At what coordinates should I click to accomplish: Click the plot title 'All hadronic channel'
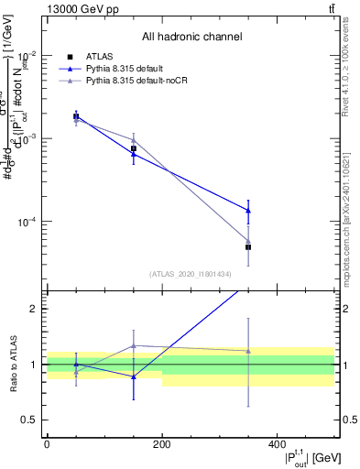click(x=191, y=38)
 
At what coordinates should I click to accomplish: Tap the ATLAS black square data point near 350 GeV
click(x=248, y=247)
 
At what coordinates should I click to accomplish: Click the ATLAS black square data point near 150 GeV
click(x=134, y=148)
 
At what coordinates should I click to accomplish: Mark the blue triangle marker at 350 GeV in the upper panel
click(x=248, y=211)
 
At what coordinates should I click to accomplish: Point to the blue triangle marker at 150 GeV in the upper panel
click(x=134, y=155)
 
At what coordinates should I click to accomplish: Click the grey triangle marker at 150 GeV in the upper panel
click(x=134, y=140)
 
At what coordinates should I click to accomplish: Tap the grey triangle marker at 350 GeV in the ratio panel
click(x=248, y=351)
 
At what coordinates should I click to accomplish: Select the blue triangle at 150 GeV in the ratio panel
click(x=134, y=376)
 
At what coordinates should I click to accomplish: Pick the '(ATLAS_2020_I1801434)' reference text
click(x=191, y=274)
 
